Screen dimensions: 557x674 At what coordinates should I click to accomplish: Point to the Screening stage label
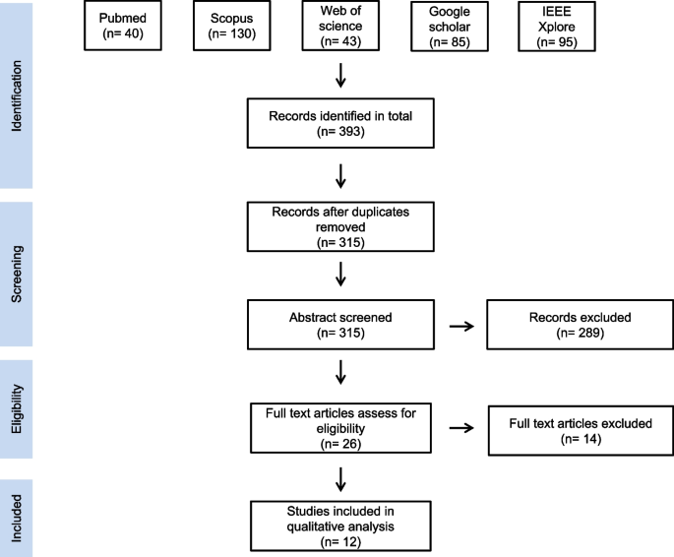pos(17,274)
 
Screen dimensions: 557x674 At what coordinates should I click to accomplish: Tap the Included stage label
pos(17,518)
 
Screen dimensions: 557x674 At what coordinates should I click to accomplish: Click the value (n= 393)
pos(339,131)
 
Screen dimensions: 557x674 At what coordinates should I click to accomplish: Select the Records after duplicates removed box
pos(339,225)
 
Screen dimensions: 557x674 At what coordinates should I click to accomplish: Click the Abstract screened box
pos(339,327)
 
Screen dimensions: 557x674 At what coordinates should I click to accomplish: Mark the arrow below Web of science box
pos(339,75)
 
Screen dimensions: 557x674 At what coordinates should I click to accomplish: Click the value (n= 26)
pos(339,444)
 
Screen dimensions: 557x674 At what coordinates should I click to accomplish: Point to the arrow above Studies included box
pos(339,477)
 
